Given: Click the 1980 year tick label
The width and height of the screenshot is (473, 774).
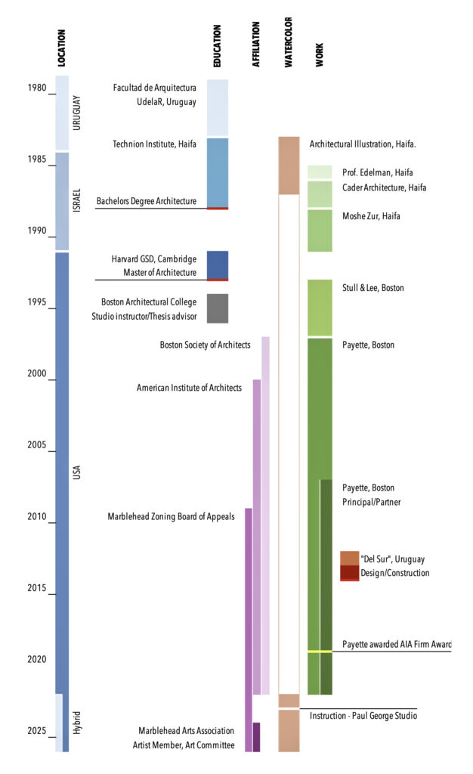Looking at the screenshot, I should point(36,88).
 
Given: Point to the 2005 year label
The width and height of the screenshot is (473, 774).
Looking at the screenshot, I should point(36,446).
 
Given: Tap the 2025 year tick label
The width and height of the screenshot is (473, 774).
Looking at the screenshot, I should point(36,731).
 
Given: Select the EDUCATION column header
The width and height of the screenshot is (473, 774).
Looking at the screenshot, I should point(217,47).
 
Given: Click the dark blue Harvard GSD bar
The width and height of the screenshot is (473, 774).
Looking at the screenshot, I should point(218,265).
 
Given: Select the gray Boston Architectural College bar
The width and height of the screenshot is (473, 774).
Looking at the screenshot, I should point(218,308).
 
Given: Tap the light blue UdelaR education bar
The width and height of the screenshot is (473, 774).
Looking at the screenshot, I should point(218,107).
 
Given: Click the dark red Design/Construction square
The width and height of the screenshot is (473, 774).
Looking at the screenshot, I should point(349,573).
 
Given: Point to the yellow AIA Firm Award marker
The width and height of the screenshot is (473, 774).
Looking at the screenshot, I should point(320,651).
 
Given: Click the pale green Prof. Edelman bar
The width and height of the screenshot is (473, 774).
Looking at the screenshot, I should point(320,172).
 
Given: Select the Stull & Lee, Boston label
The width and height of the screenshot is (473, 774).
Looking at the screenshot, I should point(373,288).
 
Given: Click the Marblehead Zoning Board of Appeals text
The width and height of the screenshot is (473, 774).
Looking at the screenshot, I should point(171,517).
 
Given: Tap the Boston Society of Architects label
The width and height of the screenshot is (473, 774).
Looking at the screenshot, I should point(205,345).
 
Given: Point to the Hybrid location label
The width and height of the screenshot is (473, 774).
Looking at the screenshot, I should point(76,722).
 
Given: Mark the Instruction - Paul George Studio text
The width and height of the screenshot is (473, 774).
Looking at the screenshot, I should point(363,716).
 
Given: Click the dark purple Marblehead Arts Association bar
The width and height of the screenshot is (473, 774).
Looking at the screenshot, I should point(256,737).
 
